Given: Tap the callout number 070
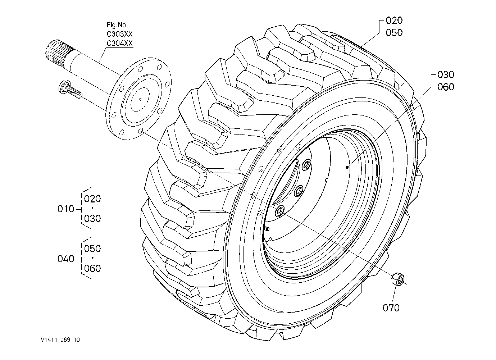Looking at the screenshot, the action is coord(391,308).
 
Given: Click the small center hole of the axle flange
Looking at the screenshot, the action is coord(140,99).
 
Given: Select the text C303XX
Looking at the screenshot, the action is coord(119,34).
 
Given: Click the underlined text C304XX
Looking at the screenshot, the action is coord(119,43).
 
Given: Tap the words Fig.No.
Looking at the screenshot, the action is coord(117,25).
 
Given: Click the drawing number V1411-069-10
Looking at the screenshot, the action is coord(60,340).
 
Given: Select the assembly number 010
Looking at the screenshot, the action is coord(66,209).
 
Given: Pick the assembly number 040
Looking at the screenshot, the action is coord(66,259).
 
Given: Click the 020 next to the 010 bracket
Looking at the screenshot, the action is coord(92,199).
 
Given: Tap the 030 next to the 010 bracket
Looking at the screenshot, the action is coord(92,219).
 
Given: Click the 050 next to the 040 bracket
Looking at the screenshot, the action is coord(92,249).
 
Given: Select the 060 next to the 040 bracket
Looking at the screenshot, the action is coord(92,269).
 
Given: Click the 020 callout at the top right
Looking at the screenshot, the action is coord(394,20).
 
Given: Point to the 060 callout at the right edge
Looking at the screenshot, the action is coord(446,87).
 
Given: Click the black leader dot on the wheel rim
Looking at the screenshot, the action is coord(347,167).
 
